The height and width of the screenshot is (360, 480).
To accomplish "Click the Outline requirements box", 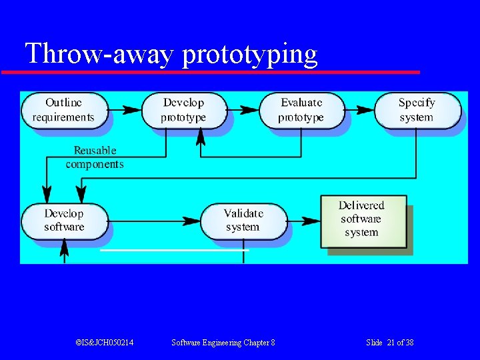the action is coord(64,110).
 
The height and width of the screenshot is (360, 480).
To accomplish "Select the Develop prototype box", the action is coord(184,110).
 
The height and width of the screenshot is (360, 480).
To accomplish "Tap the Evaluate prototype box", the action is coord(301,110).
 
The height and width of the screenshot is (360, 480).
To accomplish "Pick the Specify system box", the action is coord(417,110).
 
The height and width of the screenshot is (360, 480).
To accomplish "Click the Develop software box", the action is coord(64,221).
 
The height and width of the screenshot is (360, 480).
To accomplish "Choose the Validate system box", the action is coord(243,221).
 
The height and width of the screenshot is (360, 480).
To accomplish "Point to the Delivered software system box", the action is coord(362,219).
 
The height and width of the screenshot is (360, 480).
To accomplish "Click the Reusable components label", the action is coord(95,157).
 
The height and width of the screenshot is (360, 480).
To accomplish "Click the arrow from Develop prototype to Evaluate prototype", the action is coord(243,109).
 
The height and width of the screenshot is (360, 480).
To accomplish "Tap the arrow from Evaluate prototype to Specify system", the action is coord(359,109).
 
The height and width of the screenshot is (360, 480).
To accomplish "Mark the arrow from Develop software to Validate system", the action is coord(153,220).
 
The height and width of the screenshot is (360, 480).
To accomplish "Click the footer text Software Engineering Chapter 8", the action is coord(223,343).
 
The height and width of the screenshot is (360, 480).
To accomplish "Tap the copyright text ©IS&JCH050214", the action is coord(105,343).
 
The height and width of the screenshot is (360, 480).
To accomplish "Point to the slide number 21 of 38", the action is coord(390,343).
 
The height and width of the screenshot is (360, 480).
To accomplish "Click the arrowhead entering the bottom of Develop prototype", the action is coord(200,137).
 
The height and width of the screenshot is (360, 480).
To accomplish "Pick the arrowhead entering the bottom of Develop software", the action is coord(65,247).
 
